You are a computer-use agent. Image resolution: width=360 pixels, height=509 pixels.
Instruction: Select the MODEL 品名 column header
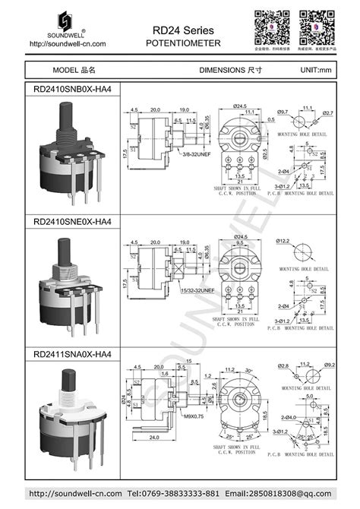point(74,69)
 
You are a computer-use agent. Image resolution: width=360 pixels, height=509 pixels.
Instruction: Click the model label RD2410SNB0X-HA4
point(73,90)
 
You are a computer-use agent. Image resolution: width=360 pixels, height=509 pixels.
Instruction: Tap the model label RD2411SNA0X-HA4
point(73,354)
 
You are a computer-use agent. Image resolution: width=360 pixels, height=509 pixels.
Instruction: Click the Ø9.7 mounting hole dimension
point(283,112)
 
